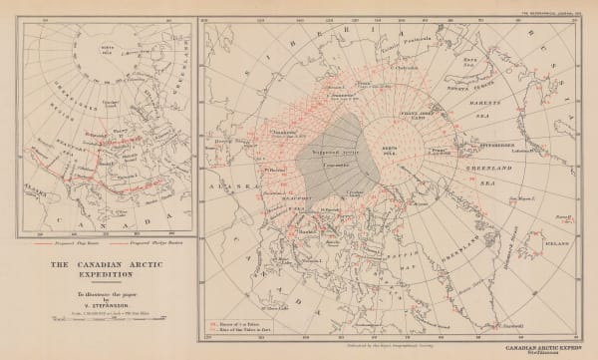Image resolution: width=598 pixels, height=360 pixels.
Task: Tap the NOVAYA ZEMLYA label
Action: click(484, 81)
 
